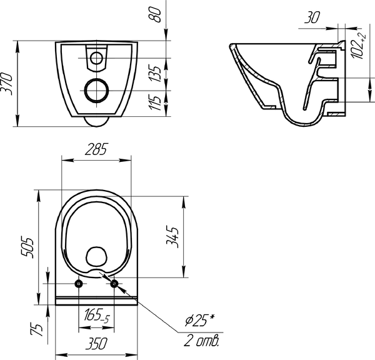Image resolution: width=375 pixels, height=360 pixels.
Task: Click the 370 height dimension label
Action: coord(7,84)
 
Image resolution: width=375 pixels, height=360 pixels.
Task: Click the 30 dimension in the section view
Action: coord(312,17)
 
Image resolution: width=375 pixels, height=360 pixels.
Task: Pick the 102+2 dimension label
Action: coord(359,46)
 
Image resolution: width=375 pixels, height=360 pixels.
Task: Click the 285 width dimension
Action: coord(97,149)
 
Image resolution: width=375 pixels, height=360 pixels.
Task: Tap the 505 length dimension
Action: coord(26,247)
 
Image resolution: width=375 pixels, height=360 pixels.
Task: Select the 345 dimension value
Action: coord(172,237)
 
